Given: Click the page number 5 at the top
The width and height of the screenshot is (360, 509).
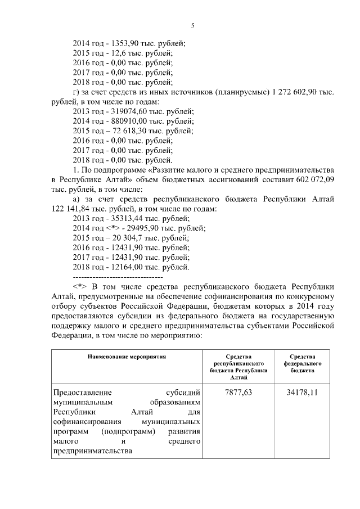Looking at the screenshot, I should [x=192, y=26].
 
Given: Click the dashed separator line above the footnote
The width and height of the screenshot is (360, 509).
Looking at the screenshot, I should [x=118, y=277].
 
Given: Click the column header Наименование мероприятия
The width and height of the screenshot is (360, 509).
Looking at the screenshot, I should [x=127, y=357].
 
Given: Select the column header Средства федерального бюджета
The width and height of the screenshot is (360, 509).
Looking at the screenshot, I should [x=302, y=364].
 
